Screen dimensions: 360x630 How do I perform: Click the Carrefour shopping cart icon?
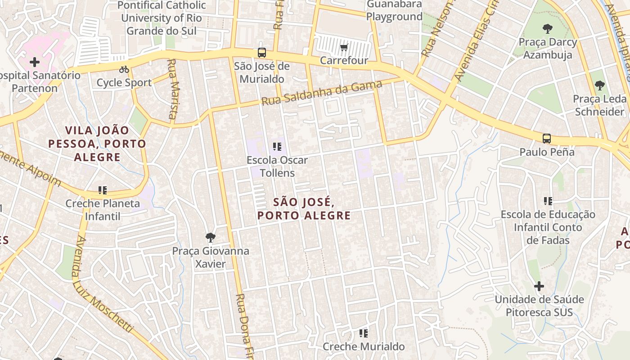344,47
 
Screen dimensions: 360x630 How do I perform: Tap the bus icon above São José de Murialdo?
262,53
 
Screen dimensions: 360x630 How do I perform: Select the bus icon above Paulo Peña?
547,139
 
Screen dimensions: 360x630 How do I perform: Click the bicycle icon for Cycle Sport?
124,69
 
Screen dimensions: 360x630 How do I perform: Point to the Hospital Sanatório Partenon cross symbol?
35,62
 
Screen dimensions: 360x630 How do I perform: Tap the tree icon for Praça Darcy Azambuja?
548,29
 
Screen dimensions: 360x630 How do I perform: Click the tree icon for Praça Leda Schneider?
599,85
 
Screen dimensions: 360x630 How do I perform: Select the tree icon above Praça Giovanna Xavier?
210,238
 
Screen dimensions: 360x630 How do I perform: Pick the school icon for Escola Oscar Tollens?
277,147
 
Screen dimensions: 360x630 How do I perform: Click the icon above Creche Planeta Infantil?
103,190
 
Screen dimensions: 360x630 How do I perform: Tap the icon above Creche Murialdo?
364,333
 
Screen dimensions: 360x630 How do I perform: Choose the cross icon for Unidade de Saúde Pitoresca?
539,286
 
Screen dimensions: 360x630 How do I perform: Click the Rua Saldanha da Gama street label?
322,93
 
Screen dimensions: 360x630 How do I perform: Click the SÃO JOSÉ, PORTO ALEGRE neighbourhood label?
304,208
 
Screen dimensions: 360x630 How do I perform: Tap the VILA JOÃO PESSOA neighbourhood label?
97,144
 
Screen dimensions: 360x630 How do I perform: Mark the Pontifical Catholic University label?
163,18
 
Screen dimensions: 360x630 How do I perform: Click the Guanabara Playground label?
394,10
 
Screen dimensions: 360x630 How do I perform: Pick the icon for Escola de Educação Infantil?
548,201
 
